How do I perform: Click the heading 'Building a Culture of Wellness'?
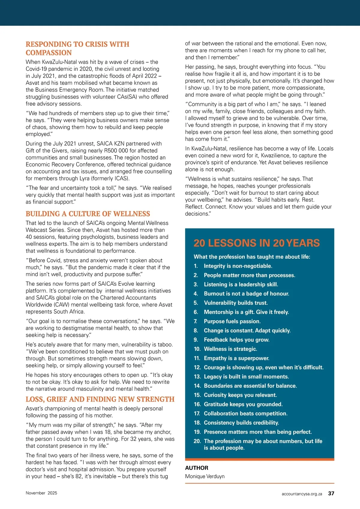click(88, 214)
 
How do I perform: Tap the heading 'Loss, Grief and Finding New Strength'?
click(100, 399)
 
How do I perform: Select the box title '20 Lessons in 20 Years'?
click(256, 243)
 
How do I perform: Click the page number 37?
click(331, 493)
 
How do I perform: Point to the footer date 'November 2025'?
click(41, 493)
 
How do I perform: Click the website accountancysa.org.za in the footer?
click(302, 494)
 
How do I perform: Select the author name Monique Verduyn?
click(205, 476)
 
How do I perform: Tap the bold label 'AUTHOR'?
click(196, 468)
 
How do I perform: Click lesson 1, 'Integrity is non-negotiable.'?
click(238, 266)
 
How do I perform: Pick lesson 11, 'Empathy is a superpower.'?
click(236, 358)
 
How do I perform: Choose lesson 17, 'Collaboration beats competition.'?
click(245, 413)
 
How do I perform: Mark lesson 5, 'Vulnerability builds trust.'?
click(236, 303)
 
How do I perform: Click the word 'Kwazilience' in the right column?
click(282, 155)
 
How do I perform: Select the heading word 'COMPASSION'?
click(49, 53)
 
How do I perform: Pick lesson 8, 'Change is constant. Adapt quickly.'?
click(247, 330)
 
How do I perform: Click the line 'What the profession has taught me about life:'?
click(252, 257)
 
